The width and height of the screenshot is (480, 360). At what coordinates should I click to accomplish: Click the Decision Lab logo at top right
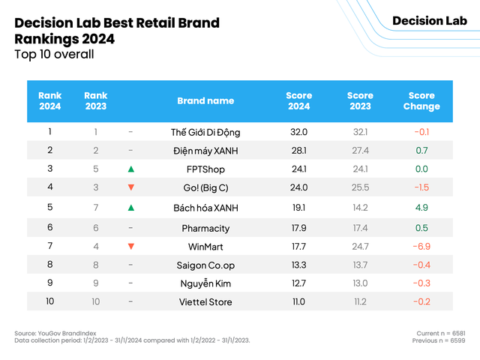pyautogui.click(x=429, y=20)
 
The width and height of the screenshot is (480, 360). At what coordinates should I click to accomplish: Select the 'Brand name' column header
pyautogui.click(x=205, y=100)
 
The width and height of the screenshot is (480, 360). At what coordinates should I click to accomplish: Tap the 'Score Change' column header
pyautogui.click(x=421, y=100)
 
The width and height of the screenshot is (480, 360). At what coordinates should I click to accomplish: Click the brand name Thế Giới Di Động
pyautogui.click(x=205, y=132)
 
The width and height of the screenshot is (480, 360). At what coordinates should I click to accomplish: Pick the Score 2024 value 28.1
pyautogui.click(x=299, y=150)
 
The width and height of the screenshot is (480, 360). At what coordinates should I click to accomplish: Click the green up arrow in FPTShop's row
pyautogui.click(x=130, y=169)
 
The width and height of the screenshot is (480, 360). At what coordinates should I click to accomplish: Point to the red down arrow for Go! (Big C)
pyautogui.click(x=130, y=187)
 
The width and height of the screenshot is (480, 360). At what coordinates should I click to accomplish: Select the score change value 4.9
pyautogui.click(x=421, y=207)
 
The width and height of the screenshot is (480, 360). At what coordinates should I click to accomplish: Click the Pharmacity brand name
pyautogui.click(x=205, y=228)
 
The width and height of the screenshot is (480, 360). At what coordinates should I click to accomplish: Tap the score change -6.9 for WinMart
pyautogui.click(x=421, y=246)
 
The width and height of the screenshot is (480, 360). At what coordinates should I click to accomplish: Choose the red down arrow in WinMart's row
pyautogui.click(x=130, y=246)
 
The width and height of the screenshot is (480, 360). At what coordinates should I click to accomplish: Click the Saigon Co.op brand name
pyautogui.click(x=205, y=265)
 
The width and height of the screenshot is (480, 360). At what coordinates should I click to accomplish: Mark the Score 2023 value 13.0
pyautogui.click(x=360, y=283)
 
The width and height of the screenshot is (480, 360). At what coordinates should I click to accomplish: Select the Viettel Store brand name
pyautogui.click(x=205, y=301)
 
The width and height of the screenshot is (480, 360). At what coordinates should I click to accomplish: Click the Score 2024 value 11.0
pyautogui.click(x=299, y=301)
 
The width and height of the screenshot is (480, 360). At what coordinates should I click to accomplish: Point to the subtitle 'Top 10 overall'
pyautogui.click(x=54, y=54)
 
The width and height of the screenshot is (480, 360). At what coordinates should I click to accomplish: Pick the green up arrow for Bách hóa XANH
pyautogui.click(x=130, y=207)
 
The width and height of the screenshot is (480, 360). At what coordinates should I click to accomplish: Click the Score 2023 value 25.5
pyautogui.click(x=360, y=187)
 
